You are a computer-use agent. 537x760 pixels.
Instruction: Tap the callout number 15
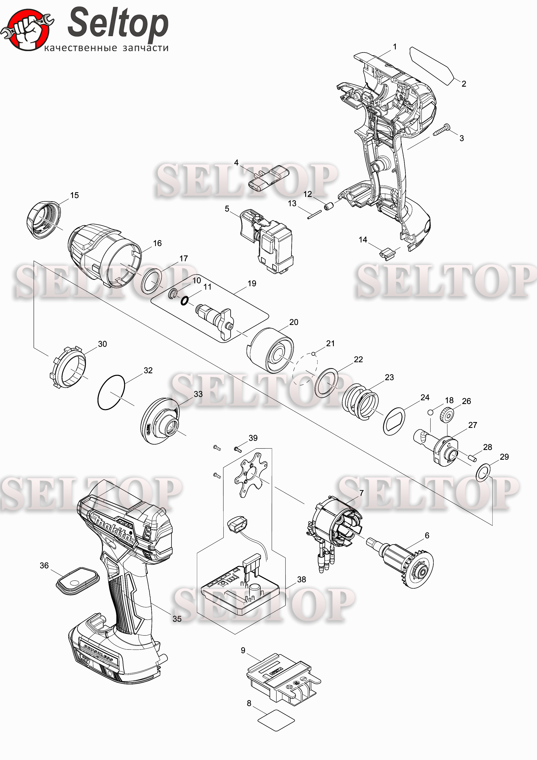pos(75,195)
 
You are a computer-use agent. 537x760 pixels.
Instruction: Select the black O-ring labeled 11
pos(184,300)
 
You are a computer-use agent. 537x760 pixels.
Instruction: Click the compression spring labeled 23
pos(360,401)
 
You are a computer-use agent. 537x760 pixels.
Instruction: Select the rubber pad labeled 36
pos(77,581)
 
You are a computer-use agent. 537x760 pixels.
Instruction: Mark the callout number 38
pos(301,579)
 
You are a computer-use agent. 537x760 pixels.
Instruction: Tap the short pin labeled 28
pos(472,458)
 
